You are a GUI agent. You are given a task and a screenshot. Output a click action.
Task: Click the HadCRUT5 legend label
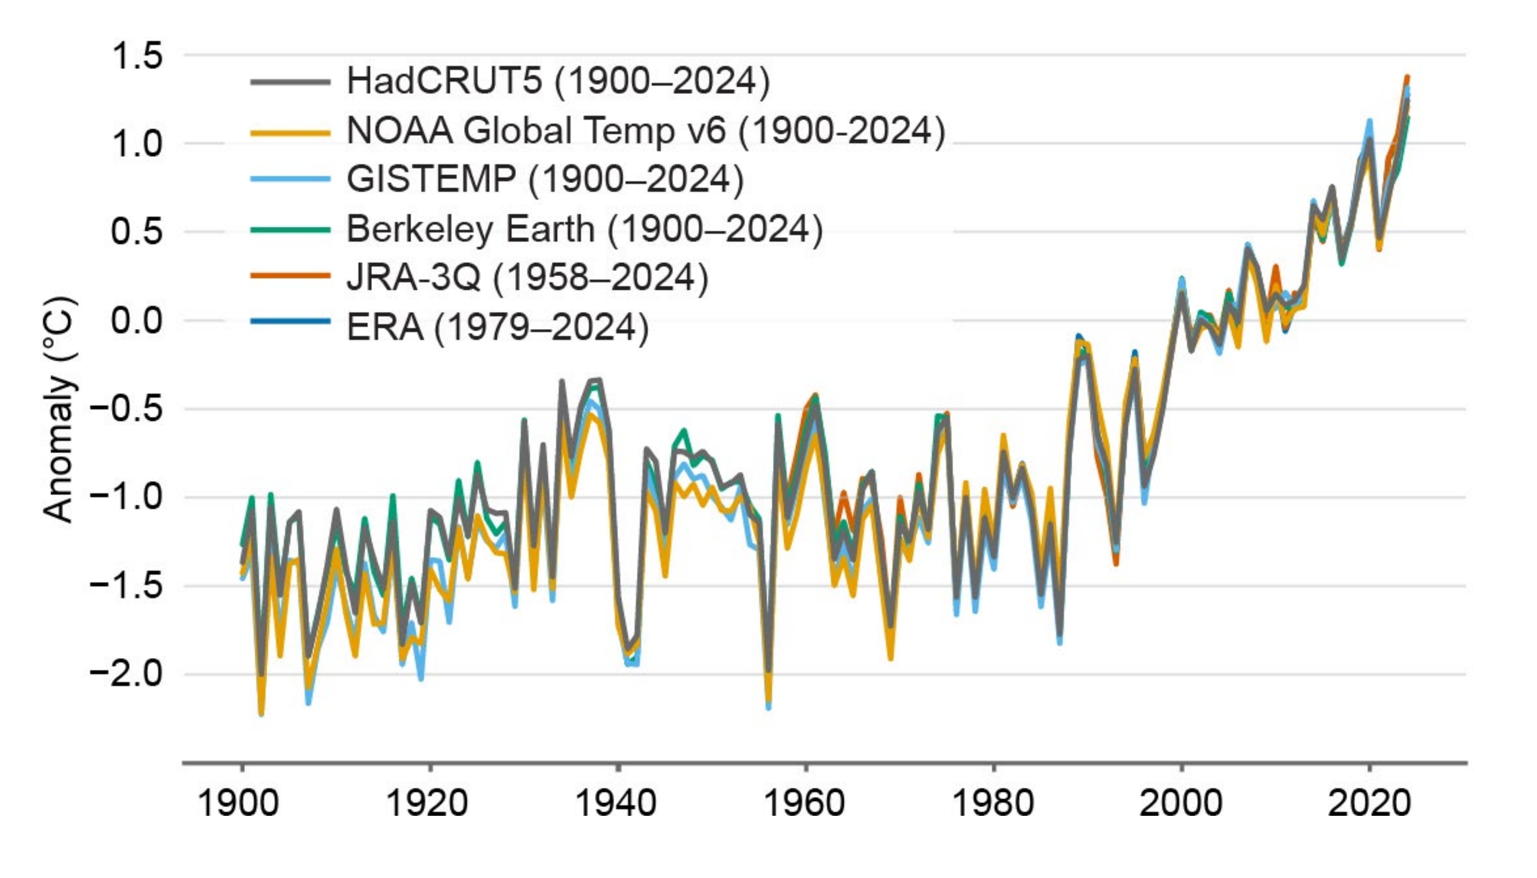click(558, 80)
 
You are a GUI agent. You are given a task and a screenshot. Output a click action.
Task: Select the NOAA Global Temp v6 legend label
click(646, 130)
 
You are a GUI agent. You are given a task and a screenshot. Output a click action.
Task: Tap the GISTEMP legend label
click(545, 179)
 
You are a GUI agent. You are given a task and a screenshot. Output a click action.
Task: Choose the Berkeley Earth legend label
click(584, 229)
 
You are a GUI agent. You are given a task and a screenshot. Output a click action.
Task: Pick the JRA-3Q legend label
click(527, 277)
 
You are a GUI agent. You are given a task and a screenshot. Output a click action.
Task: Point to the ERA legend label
click(497, 327)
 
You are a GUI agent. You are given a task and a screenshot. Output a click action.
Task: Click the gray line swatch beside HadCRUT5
click(291, 81)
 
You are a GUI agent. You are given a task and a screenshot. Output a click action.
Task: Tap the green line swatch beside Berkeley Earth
click(291, 229)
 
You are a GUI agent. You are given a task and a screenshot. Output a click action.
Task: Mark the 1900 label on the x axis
click(238, 803)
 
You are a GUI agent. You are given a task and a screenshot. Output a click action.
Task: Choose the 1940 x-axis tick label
click(615, 803)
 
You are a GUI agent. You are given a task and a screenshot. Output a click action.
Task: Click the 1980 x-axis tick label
click(992, 803)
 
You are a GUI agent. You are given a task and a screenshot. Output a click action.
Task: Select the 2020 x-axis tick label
click(1369, 803)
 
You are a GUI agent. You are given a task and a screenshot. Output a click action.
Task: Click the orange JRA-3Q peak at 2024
click(1407, 77)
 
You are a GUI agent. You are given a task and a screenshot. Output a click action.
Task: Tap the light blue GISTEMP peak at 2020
click(1370, 122)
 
